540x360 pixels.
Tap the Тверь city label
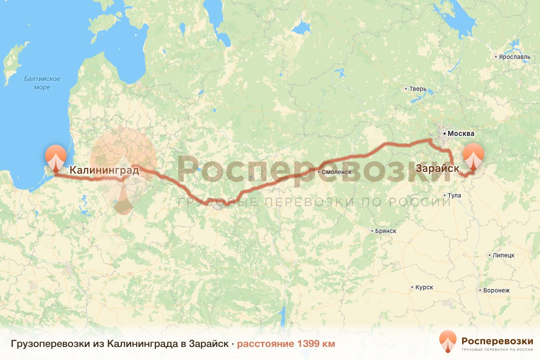pos(417,89)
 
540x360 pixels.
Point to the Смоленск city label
pos(336,172)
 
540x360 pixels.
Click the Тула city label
pos(454,196)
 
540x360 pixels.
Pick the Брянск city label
pos(386,231)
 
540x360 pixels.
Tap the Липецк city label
pos(503,255)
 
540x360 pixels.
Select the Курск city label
pos(424,288)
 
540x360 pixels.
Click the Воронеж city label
pos(496,290)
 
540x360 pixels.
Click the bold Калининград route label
pos(104,170)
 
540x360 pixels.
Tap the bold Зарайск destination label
pos(438,169)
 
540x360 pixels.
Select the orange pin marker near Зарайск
pos(473,157)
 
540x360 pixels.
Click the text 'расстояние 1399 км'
pos(286,344)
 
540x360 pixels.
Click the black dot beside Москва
pos(444,134)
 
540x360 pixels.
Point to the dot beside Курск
pos(412,288)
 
